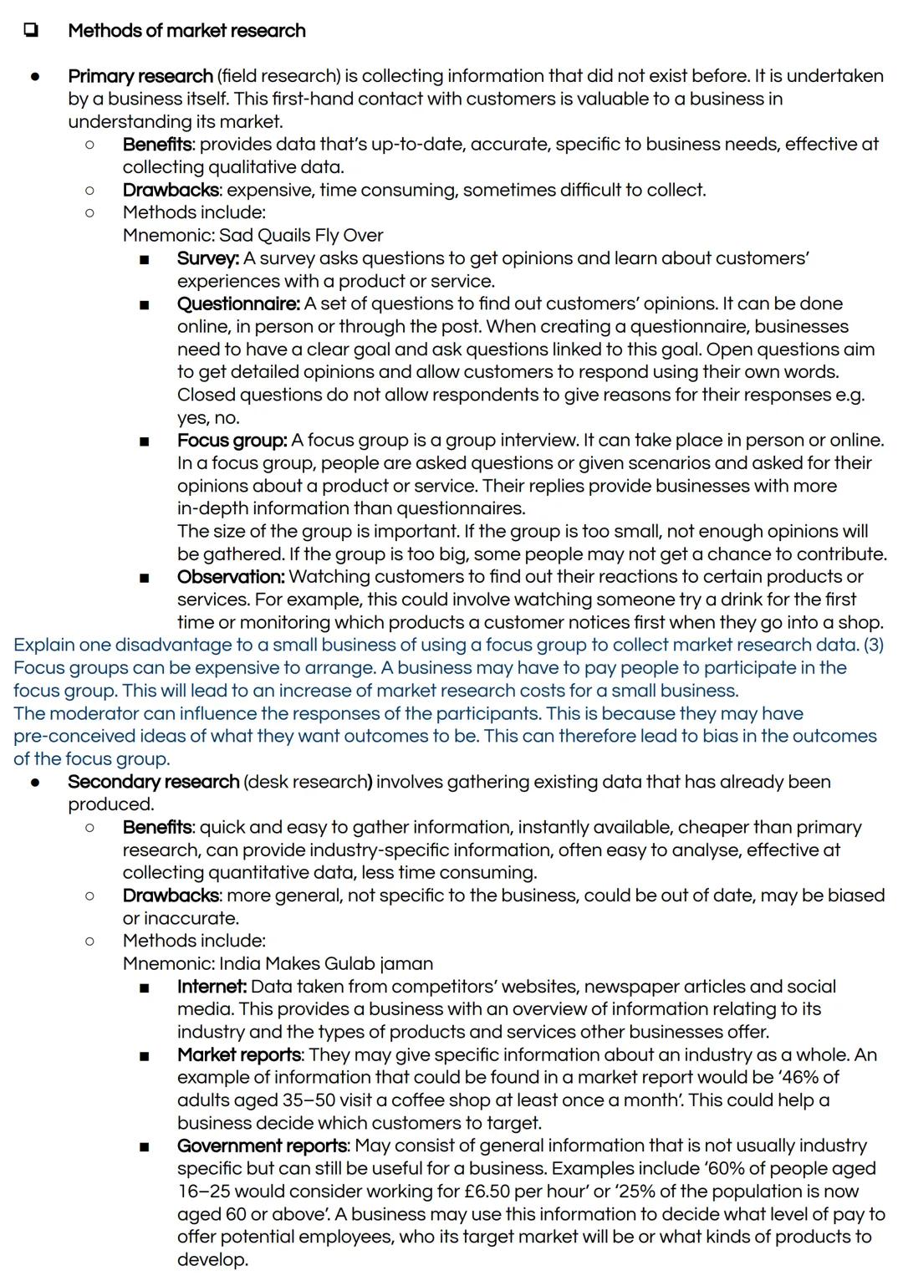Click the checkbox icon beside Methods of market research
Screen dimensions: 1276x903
(x=31, y=31)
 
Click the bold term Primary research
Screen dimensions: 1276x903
(x=140, y=76)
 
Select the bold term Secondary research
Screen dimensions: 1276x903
(x=153, y=782)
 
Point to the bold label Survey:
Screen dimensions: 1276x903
(x=207, y=258)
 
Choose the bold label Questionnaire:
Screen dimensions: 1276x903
(x=238, y=304)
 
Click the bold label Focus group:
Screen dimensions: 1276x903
(x=232, y=441)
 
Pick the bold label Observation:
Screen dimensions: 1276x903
(x=231, y=577)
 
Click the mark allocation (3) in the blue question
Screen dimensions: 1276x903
(x=873, y=646)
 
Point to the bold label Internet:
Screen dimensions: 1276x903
(x=212, y=987)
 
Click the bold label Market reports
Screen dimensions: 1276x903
(x=238, y=1055)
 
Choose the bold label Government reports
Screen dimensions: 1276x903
(x=262, y=1146)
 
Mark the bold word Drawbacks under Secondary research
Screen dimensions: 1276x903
(x=171, y=896)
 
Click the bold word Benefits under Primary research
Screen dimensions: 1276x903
(x=157, y=145)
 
